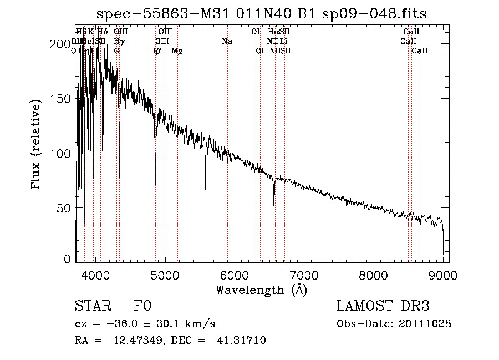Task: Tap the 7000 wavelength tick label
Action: pos(304,275)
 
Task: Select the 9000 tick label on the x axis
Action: pos(443,275)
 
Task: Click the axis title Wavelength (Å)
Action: pos(261,290)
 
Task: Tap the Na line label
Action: pos(226,42)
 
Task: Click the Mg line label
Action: pos(177,51)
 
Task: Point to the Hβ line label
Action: pos(155,51)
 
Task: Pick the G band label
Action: pos(116,51)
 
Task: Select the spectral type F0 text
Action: pos(142,307)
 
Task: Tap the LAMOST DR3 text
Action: pos(383,307)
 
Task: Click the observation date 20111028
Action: pos(425,324)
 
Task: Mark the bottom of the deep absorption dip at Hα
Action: pos(274,206)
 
